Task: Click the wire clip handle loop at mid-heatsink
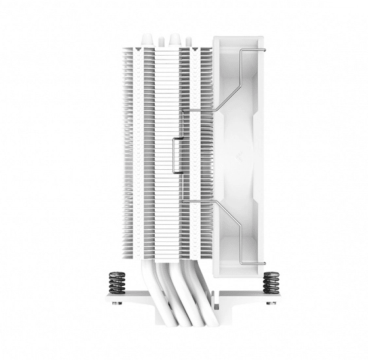[174, 157]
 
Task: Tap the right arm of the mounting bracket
[253, 299]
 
